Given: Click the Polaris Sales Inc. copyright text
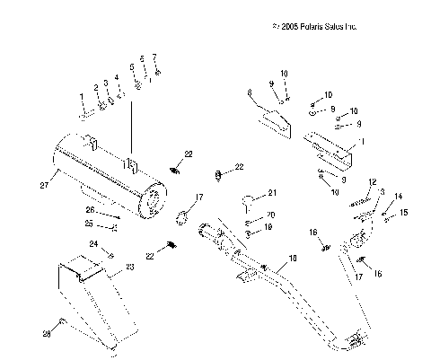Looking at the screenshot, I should [x=313, y=28].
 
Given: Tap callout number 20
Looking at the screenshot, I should [x=271, y=215].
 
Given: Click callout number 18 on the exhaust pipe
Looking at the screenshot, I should [x=291, y=259].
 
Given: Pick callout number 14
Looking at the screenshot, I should [x=399, y=196].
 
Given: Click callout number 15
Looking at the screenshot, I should [x=403, y=212].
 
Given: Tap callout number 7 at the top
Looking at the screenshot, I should [x=155, y=57].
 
